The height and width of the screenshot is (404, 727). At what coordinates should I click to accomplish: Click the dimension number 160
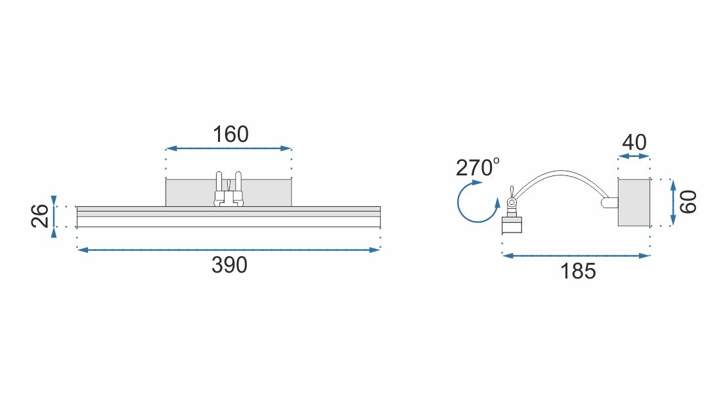click(x=231, y=134)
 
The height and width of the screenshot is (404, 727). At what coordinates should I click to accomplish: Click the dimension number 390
click(x=229, y=265)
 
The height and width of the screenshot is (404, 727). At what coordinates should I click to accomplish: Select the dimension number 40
click(x=634, y=142)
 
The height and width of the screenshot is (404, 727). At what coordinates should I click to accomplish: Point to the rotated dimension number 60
click(x=688, y=202)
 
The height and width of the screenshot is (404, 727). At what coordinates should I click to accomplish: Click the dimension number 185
click(x=578, y=270)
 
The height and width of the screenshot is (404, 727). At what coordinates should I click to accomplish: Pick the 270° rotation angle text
click(x=477, y=168)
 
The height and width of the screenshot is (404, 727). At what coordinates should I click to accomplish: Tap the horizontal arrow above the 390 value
click(x=229, y=250)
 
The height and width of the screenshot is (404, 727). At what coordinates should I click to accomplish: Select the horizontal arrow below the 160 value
click(x=229, y=149)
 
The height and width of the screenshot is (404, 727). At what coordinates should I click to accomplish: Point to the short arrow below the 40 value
click(x=634, y=156)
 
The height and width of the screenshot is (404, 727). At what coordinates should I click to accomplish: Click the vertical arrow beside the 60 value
click(x=673, y=202)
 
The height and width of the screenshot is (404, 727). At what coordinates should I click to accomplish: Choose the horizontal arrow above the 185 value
click(x=576, y=256)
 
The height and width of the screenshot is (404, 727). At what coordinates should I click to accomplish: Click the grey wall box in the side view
click(x=634, y=202)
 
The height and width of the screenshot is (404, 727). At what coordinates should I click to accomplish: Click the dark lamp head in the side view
click(x=512, y=225)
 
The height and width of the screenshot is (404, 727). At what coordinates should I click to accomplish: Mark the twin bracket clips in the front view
click(x=229, y=189)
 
